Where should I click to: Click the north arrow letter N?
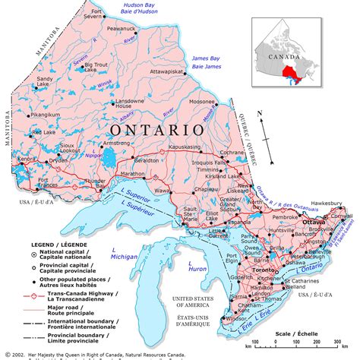(260, 113)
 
